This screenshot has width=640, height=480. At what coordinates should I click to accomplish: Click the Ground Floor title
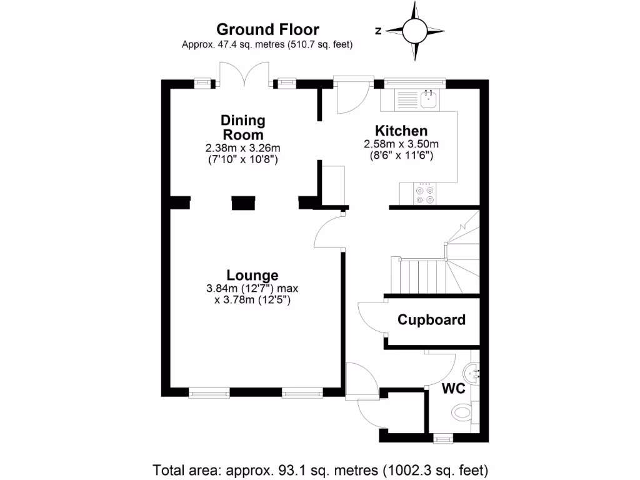[267, 29]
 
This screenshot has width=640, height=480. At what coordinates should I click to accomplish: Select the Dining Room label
[242, 127]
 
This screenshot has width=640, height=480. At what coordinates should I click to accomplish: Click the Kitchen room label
[401, 131]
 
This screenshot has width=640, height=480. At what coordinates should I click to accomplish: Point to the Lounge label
[252, 275]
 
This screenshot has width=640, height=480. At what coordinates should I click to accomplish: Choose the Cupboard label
[431, 320]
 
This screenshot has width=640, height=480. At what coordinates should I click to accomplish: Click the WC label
[454, 389]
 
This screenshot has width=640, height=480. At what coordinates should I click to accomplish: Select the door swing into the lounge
[329, 231]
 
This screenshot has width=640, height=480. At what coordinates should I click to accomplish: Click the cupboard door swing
[371, 319]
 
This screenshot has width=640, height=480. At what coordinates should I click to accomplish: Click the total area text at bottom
[320, 469]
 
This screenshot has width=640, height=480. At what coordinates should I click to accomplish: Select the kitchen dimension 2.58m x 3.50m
[401, 144]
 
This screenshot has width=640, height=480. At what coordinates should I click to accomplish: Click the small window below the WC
[442, 439]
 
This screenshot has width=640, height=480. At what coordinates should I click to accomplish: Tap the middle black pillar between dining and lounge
[243, 203]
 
